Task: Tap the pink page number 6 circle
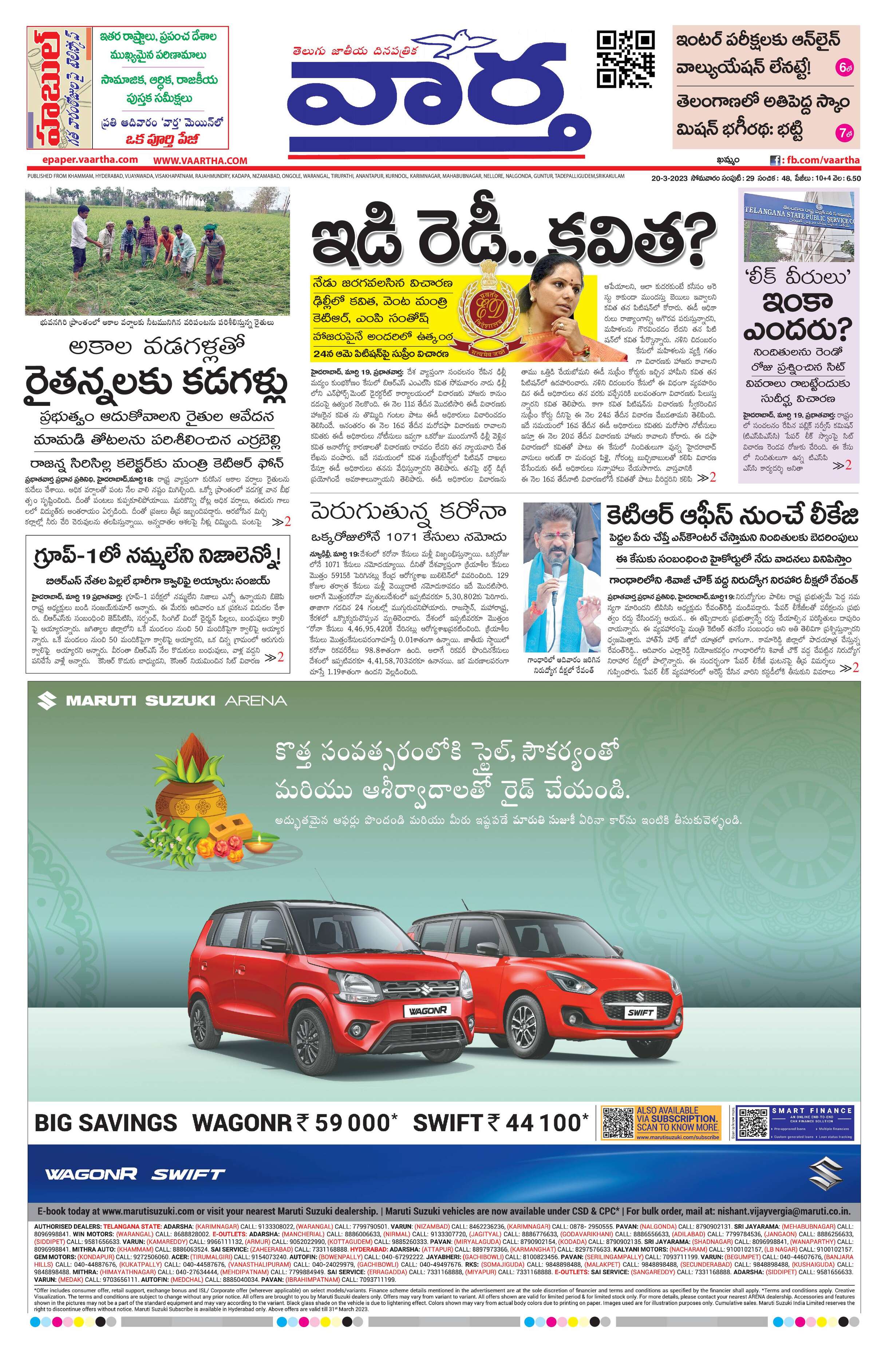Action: [x=843, y=68]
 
